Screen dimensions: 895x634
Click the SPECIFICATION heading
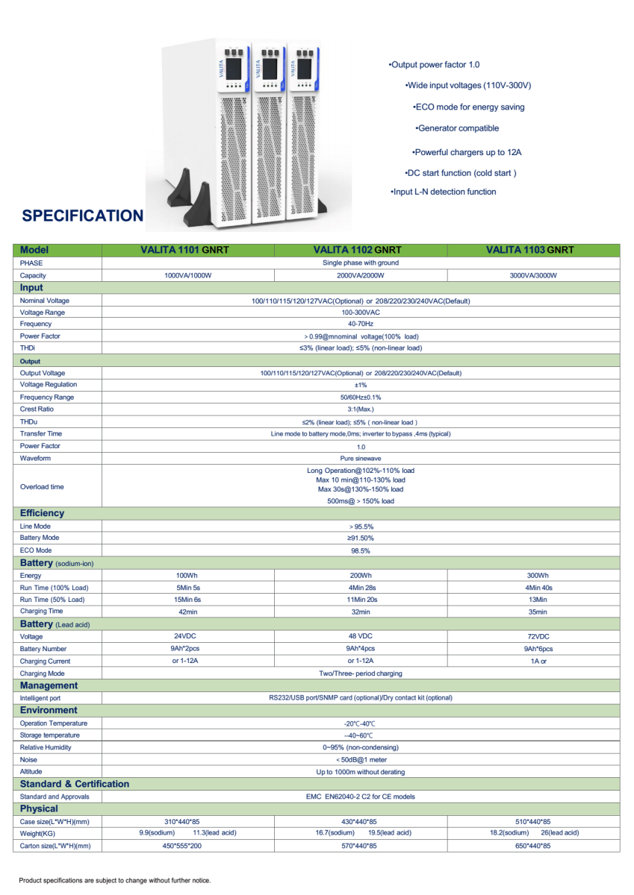pyautogui.click(x=83, y=216)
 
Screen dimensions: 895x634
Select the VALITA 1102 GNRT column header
pyautogui.click(x=360, y=250)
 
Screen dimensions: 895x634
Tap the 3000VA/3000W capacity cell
pyautogui.click(x=533, y=275)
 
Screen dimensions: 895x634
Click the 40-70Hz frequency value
pyautogui.click(x=360, y=324)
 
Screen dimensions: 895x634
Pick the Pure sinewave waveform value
pyautogui.click(x=360, y=458)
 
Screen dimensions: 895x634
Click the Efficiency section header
pyautogui.click(x=43, y=513)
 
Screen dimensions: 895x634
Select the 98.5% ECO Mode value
pyautogui.click(x=360, y=550)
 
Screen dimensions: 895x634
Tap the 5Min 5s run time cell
pyautogui.click(x=187, y=588)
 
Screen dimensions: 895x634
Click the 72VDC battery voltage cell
pyautogui.click(x=533, y=637)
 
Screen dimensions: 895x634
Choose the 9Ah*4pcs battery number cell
pyautogui.click(x=360, y=649)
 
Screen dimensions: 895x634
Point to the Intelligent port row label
pyautogui.click(x=40, y=698)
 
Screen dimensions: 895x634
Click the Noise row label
pyautogui.click(x=29, y=759)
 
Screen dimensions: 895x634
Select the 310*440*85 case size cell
pyautogui.click(x=187, y=821)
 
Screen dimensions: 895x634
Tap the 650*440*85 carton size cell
pyautogui.click(x=533, y=846)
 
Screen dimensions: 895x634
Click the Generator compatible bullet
pyautogui.click(x=457, y=128)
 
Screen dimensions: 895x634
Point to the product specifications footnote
pyautogui.click(x=115, y=880)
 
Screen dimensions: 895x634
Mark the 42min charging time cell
pyautogui.click(x=187, y=612)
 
